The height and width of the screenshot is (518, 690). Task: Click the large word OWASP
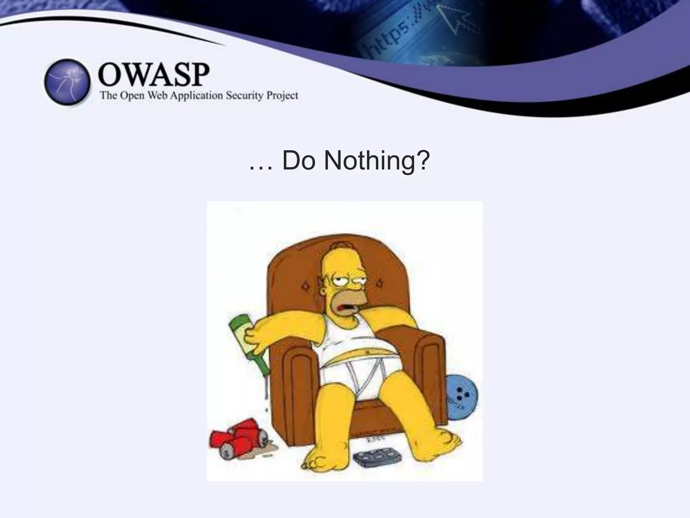pyautogui.click(x=154, y=75)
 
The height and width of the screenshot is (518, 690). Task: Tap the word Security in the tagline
pyautogui.click(x=244, y=95)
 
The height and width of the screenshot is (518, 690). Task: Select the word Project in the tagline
pyautogui.click(x=282, y=96)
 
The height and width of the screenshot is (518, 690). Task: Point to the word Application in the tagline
pyautogui.click(x=196, y=96)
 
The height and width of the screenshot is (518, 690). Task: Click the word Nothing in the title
pyautogui.click(x=376, y=161)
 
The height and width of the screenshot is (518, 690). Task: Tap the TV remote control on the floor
pyautogui.click(x=378, y=456)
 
